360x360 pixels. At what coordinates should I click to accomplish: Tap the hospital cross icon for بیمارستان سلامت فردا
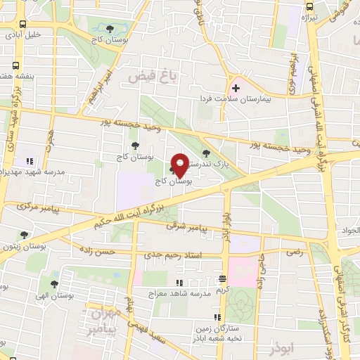236,89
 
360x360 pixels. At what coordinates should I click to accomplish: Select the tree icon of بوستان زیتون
24,236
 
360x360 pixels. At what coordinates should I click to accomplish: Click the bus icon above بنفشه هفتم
15,65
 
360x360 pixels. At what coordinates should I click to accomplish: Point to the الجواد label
352,230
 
